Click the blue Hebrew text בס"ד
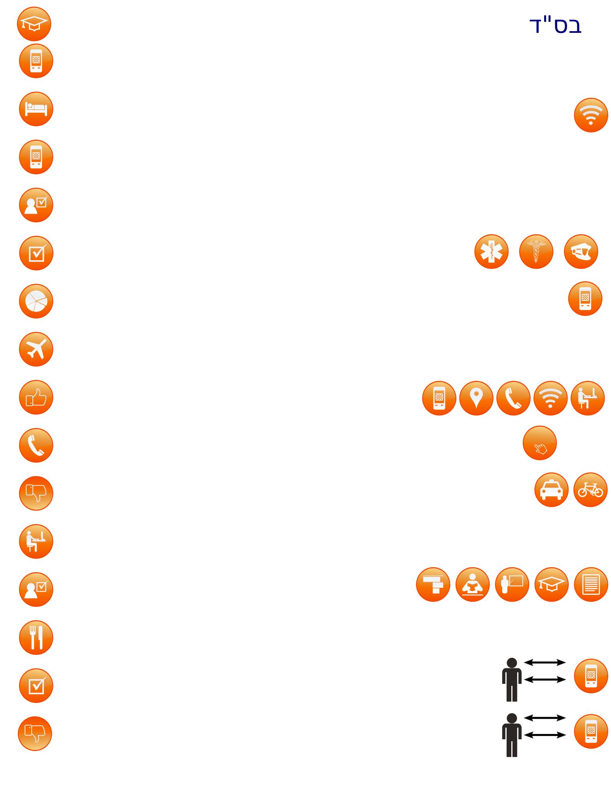[555, 25]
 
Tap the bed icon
[36, 109]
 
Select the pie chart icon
[36, 301]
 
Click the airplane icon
[36, 349]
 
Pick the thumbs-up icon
[36, 397]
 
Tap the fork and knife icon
[36, 638]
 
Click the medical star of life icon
[492, 252]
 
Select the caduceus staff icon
[536, 252]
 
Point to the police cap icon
[581, 252]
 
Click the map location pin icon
[476, 398]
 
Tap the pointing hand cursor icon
[540, 443]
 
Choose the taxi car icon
[551, 490]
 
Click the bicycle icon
[590, 490]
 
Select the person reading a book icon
[473, 585]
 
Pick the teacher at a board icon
[512, 585]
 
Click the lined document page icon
[591, 585]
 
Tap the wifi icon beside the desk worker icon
[550, 398]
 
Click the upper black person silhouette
[512, 679]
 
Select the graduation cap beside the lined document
[551, 585]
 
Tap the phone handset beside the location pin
[513, 398]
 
